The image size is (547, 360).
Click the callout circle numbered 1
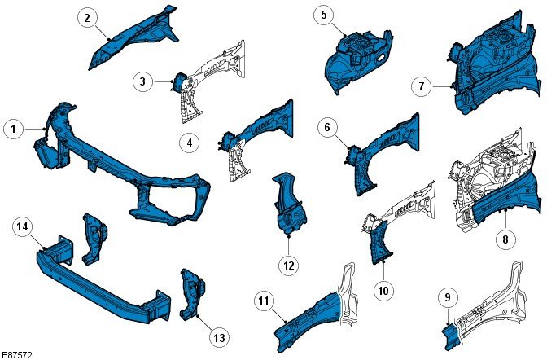pos(13,128)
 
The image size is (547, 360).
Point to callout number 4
pos(190,143)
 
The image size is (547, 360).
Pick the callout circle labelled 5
pos(323,15)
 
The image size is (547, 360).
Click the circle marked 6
pos(327,127)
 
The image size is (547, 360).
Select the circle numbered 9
pos(447,299)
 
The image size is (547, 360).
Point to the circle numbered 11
pos(262,301)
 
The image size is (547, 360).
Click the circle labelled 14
pos(23,227)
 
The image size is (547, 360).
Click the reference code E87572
pos(17,355)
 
